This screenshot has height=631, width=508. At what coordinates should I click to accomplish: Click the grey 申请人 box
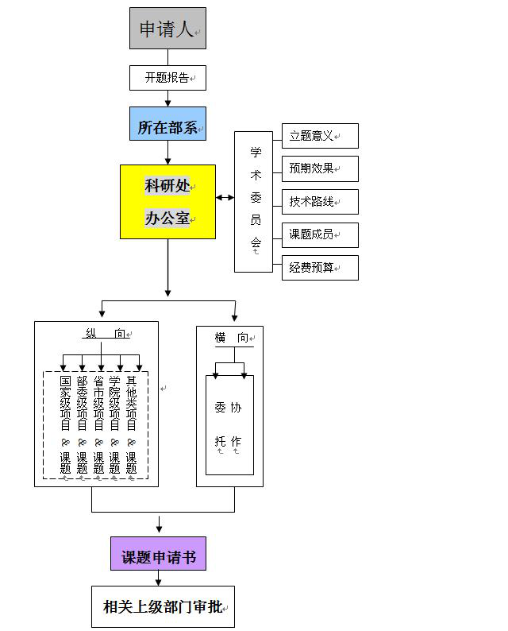pyautogui.click(x=167, y=29)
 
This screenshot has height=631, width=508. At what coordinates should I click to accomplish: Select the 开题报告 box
pyautogui.click(x=167, y=78)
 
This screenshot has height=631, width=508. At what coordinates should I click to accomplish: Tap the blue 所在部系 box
pyautogui.click(x=167, y=124)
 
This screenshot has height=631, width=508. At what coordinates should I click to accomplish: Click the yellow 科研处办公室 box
pyautogui.click(x=167, y=201)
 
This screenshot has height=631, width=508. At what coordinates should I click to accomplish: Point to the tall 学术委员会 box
pyautogui.click(x=254, y=202)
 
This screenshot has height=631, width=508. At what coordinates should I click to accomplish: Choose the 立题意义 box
pyautogui.click(x=320, y=136)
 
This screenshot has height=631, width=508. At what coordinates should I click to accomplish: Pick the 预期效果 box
pyautogui.click(x=320, y=169)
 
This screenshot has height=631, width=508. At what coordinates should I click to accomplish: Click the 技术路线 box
pyautogui.click(x=320, y=202)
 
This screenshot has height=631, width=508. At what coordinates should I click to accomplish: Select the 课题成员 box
pyautogui.click(x=320, y=235)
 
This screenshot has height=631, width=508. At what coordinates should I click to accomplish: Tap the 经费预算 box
pyautogui.click(x=320, y=268)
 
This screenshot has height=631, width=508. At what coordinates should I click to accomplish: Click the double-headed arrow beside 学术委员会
pyautogui.click(x=225, y=197)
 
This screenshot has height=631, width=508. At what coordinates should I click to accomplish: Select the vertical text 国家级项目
pyautogui.click(x=65, y=404)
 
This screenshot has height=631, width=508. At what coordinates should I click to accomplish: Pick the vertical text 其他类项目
pyautogui.click(x=132, y=404)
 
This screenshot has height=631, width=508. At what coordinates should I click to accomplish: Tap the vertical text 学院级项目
pyautogui.click(x=115, y=404)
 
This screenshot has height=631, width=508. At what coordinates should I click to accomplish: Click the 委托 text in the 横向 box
pyautogui.click(x=220, y=425)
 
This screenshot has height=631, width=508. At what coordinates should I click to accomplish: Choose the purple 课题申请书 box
pyautogui.click(x=158, y=553)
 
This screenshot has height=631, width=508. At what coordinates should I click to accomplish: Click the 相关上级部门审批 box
pyautogui.click(x=163, y=607)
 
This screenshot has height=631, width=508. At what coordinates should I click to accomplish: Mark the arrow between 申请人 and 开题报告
pyautogui.click(x=167, y=57)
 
